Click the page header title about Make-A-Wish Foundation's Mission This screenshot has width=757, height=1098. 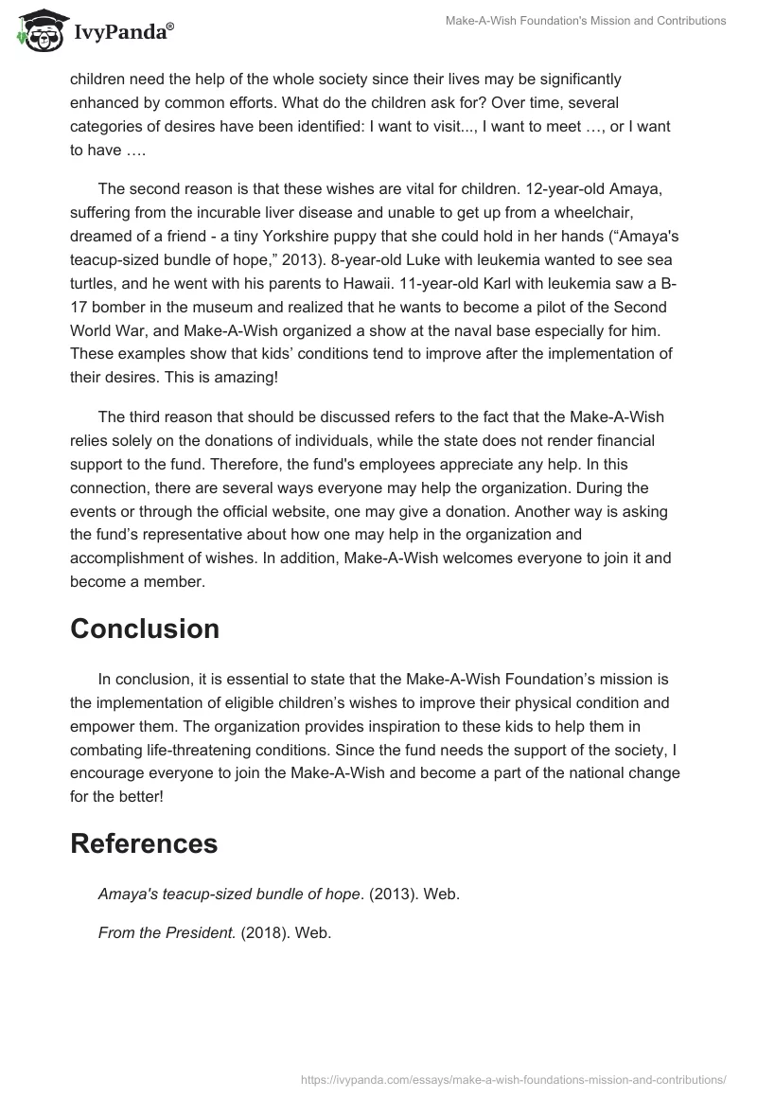pyautogui.click(x=588, y=20)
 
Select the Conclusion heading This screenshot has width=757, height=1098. pyautogui.click(x=145, y=629)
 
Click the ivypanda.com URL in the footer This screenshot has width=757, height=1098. pyautogui.click(x=514, y=1078)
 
